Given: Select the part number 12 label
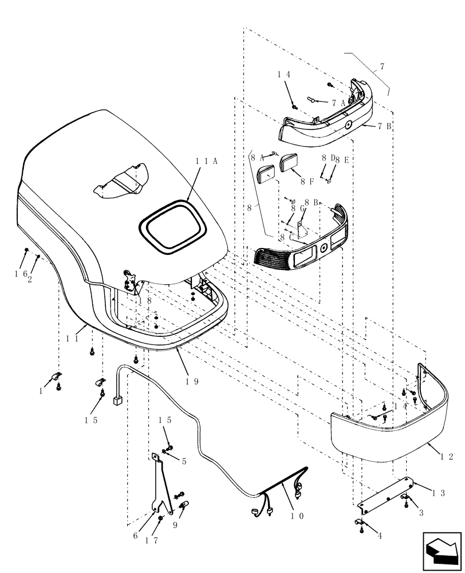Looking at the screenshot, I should [447, 457].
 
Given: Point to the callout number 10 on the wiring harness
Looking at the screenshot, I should [297, 515].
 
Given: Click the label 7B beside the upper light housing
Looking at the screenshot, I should [384, 126].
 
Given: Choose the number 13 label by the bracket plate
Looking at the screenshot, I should [439, 493].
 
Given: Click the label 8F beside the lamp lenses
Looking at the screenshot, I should [308, 182].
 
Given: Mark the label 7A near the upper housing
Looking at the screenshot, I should [338, 103].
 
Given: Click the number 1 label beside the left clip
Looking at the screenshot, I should [41, 391].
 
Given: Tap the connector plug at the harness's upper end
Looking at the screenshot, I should [118, 401].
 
